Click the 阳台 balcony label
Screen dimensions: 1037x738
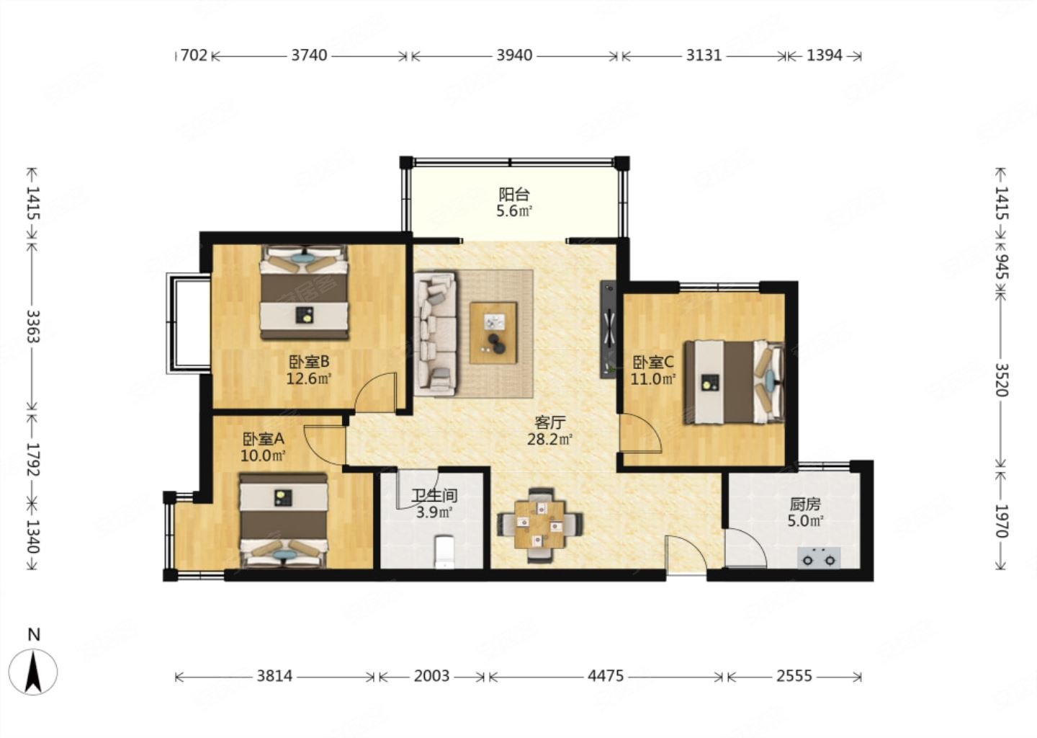513,194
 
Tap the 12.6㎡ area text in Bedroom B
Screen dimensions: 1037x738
309,378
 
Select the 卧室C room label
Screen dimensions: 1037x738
652,361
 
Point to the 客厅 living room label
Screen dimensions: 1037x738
549,422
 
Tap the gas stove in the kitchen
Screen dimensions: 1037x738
819,557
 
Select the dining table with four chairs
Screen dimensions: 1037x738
540,525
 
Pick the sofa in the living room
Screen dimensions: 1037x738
435,334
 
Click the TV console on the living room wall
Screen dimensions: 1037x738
608,329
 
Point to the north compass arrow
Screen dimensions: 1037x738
33,671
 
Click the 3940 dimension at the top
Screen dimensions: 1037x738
514,55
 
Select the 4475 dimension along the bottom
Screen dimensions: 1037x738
606,677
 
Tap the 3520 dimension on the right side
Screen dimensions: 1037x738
1001,380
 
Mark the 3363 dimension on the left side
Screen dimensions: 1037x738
32,326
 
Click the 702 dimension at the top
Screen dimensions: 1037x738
194,55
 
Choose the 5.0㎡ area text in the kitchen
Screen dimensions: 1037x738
806,521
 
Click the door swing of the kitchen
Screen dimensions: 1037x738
746,547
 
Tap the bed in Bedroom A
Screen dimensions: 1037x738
283,520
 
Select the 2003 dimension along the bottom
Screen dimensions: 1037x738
431,677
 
